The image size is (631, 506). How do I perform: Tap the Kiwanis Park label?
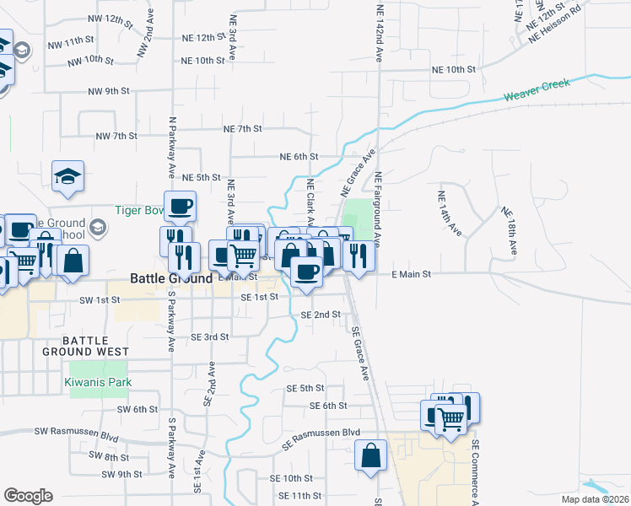[99, 382]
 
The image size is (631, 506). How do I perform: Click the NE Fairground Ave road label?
[380, 210]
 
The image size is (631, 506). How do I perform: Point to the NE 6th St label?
[299, 157]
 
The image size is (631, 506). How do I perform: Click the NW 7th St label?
[116, 136]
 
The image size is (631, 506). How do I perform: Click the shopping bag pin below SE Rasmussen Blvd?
[371, 456]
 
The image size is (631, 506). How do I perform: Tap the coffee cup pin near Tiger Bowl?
[180, 207]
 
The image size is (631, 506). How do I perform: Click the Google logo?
[28, 496]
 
